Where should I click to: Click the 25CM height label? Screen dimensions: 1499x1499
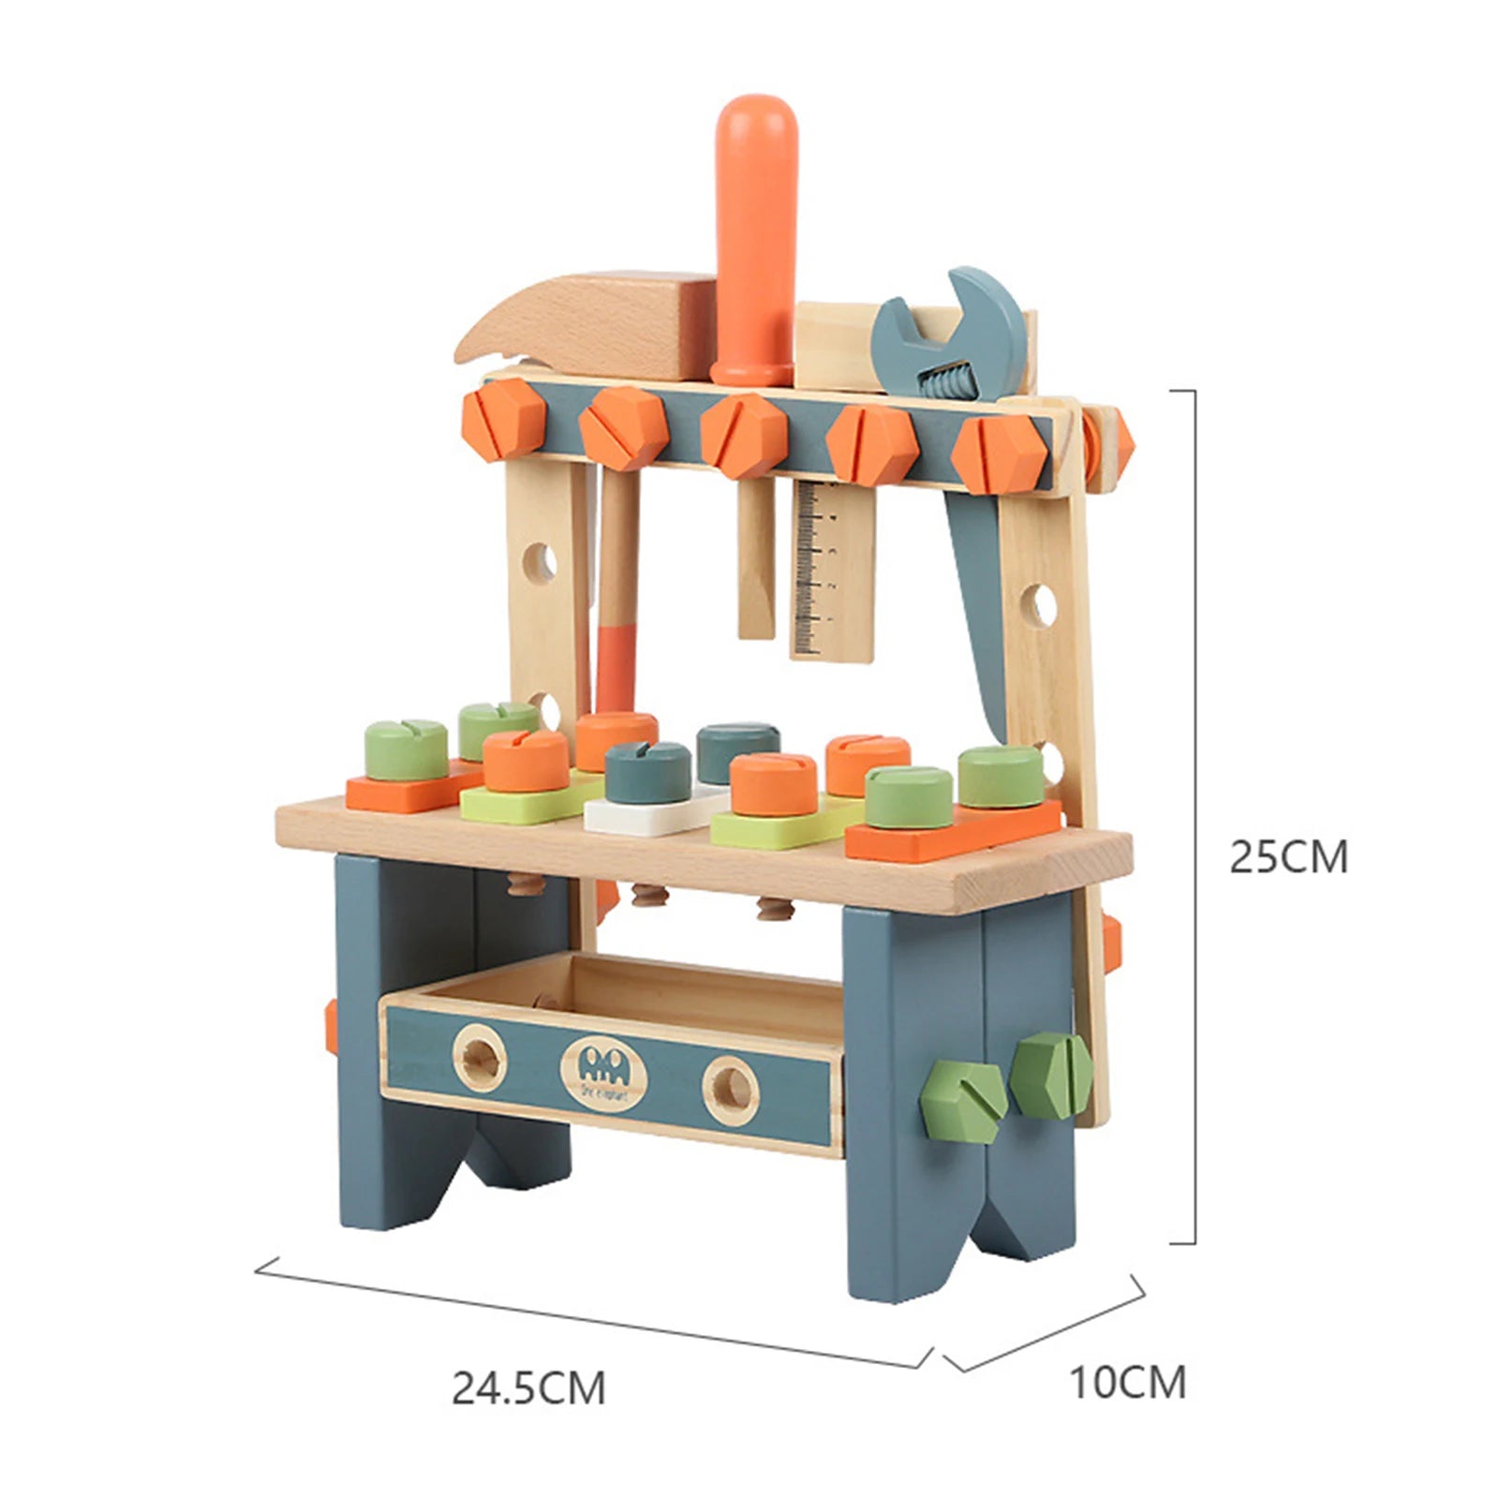[1288, 857]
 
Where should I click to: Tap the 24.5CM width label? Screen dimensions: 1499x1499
[528, 1388]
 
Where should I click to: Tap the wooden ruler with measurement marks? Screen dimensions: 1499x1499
[831, 571]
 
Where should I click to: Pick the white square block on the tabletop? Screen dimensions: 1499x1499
[646, 815]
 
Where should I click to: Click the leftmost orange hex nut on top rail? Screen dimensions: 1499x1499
[503, 423]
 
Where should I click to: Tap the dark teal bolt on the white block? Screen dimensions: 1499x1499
[646, 770]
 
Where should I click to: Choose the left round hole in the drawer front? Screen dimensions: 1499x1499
[481, 1059]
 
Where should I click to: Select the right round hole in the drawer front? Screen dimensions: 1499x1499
[731, 1090]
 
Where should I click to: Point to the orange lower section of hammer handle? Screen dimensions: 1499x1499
[616, 670]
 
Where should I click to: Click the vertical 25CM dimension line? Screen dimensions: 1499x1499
[1195, 815]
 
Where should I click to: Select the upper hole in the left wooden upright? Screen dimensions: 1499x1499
[539, 561]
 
